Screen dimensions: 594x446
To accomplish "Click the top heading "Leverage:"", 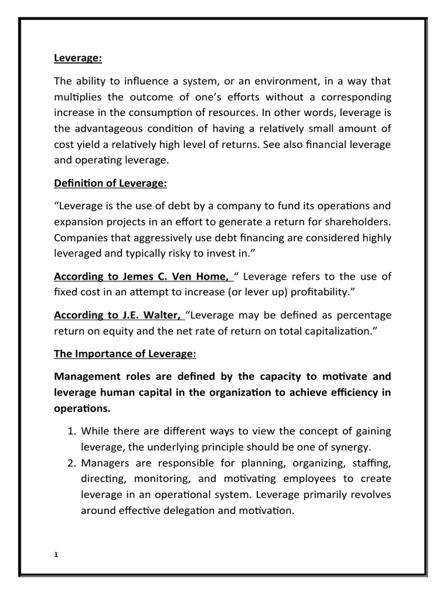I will point(75,58).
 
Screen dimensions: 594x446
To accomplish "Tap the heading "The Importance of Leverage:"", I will point(118,354).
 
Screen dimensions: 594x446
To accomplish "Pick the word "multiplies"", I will point(80,96).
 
